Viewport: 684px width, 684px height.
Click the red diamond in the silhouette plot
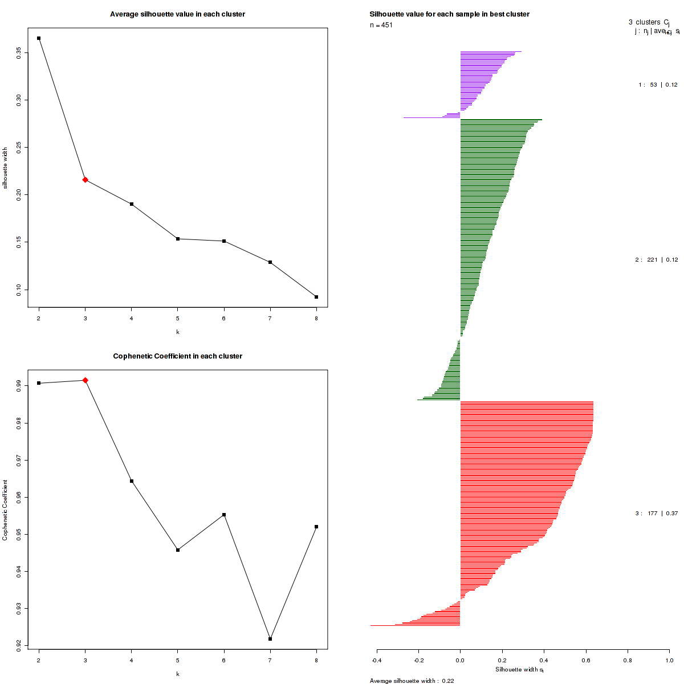(x=85, y=180)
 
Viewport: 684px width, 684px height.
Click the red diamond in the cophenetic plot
(x=85, y=380)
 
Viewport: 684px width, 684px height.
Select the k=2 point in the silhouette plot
(x=39, y=38)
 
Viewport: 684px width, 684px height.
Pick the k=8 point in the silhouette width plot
(x=316, y=297)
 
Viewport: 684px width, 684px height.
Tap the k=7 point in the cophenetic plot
(x=270, y=639)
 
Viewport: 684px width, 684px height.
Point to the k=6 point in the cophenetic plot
(x=224, y=515)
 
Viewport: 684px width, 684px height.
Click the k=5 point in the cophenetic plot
(x=178, y=550)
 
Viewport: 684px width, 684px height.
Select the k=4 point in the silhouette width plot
(x=132, y=204)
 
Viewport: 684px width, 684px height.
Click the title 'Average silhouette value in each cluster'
(x=177, y=14)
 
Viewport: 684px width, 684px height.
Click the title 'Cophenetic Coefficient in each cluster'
(x=177, y=356)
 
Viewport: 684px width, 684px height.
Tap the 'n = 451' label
(x=381, y=25)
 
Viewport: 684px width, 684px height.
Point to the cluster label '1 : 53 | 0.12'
(x=658, y=85)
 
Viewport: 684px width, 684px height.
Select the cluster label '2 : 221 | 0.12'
(x=656, y=260)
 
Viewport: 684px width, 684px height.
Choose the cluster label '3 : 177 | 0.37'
(x=656, y=514)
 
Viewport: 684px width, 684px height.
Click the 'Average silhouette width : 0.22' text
(x=412, y=681)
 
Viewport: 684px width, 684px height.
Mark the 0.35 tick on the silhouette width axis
(x=19, y=52)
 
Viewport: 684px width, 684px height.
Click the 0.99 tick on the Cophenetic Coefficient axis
(x=19, y=386)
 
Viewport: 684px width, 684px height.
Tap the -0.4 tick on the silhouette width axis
(x=377, y=661)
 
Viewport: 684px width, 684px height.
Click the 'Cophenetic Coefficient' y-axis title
(x=5, y=510)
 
